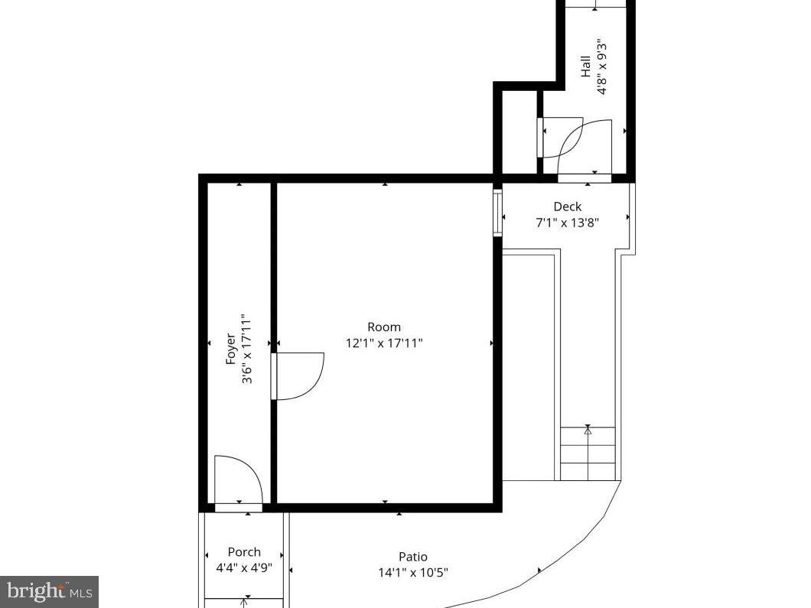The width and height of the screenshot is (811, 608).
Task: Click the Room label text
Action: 384,327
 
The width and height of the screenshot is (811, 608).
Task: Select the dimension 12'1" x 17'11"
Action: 384,343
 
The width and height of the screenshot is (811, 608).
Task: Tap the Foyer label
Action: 230,348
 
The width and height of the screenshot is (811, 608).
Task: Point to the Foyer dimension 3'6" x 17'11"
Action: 246,348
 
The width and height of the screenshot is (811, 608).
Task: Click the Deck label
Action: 567,206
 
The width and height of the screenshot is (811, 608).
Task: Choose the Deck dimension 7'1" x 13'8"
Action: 567,223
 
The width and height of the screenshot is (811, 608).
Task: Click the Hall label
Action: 585,66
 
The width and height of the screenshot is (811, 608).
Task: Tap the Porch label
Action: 244,552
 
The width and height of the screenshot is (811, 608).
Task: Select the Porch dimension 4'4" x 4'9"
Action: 244,568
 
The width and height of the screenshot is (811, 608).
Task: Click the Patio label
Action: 413,557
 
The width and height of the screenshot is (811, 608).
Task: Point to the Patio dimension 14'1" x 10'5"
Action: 413,573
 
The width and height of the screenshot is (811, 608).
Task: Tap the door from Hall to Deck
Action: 585,149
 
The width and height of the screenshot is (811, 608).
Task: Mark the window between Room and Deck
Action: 497,213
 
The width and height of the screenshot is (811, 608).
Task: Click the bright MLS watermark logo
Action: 49,591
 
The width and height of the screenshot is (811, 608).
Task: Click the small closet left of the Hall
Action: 517,134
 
